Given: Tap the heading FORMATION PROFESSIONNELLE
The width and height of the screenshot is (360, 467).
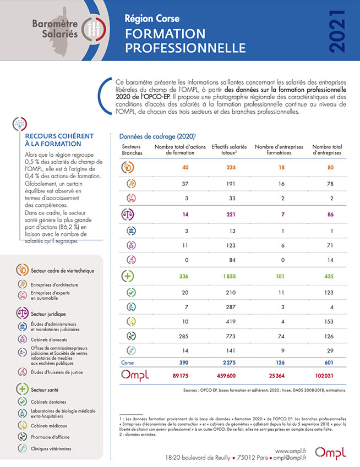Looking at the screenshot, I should [166, 41].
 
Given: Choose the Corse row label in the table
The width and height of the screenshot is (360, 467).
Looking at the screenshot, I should [128, 362].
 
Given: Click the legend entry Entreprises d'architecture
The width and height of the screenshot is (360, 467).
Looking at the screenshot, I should [54, 284].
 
